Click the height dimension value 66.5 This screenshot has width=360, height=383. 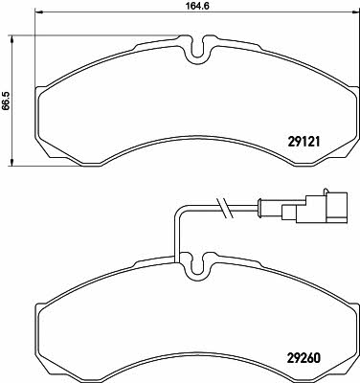tap(6, 100)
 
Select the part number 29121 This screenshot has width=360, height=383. tap(304, 142)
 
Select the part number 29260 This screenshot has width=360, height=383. tap(304, 358)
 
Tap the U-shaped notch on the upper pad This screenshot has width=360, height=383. tap(198, 51)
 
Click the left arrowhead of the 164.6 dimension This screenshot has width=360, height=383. tap(38, 12)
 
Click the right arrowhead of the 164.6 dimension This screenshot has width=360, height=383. tap(354, 12)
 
